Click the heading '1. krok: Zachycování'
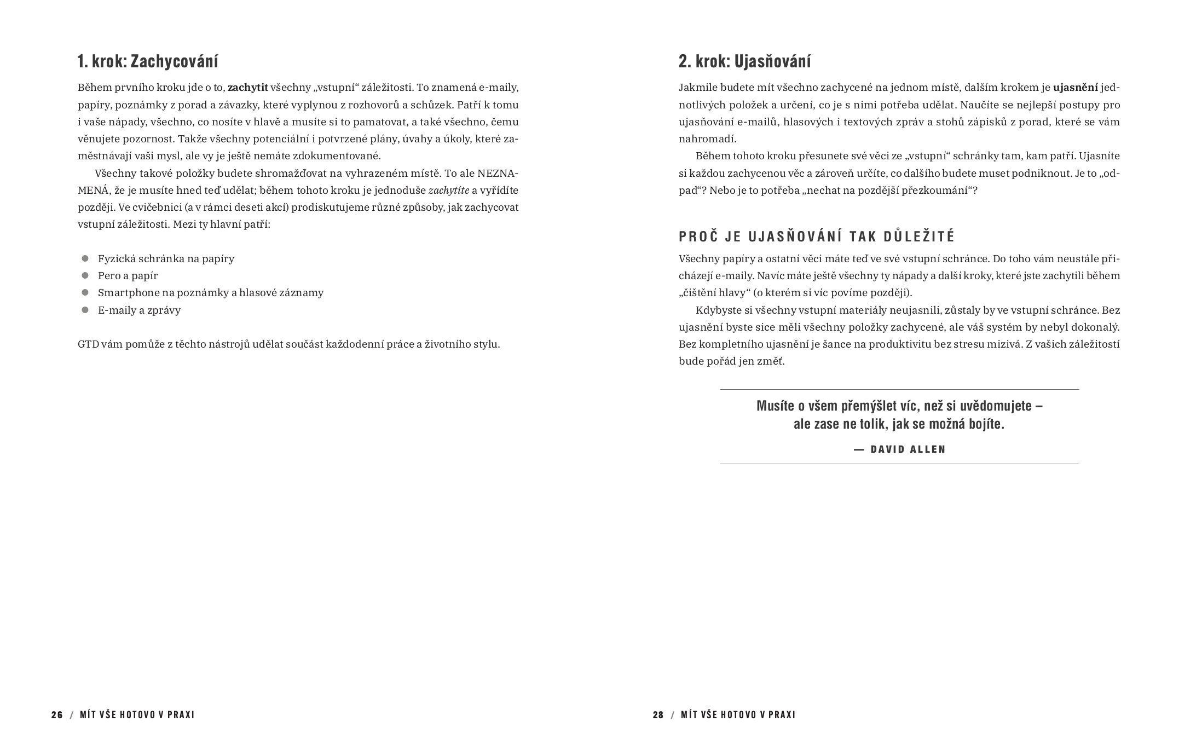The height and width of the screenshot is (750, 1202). point(148,61)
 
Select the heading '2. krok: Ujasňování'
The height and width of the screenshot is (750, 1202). point(744,61)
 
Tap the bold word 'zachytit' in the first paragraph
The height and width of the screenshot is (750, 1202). point(248,88)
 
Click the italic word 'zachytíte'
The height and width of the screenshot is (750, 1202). point(448,191)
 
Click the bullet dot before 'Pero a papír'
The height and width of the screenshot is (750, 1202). point(85,275)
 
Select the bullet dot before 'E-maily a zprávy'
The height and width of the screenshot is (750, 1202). point(85,310)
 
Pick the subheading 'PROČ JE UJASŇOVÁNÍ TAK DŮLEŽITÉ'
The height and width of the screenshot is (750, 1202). point(817,236)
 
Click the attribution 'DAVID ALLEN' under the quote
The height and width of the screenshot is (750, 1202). point(908,449)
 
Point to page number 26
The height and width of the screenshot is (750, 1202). point(57,715)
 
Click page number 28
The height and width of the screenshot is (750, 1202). point(658,715)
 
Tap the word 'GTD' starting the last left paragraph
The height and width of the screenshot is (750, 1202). point(88,344)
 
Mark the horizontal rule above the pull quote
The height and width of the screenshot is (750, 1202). point(899,389)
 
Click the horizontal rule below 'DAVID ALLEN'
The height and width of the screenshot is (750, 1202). point(899,464)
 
